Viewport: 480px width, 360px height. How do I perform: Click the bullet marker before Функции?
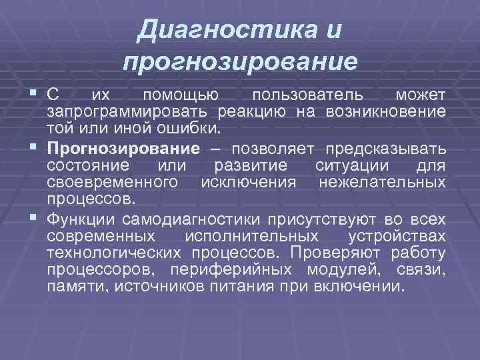click(x=33, y=219)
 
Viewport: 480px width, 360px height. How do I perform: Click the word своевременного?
click(x=112, y=181)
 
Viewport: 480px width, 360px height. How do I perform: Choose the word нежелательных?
click(x=383, y=181)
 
